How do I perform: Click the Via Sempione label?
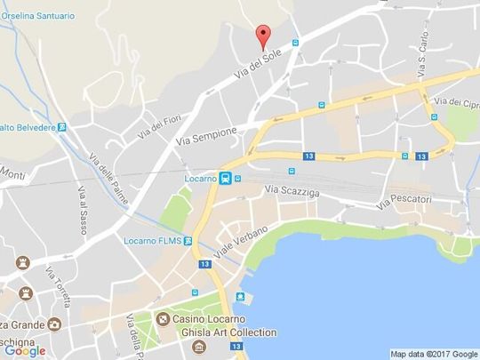(x=207, y=136)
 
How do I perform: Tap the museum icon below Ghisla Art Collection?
(x=196, y=346)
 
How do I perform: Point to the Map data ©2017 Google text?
(x=433, y=354)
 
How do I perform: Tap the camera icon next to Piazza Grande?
(x=54, y=325)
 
